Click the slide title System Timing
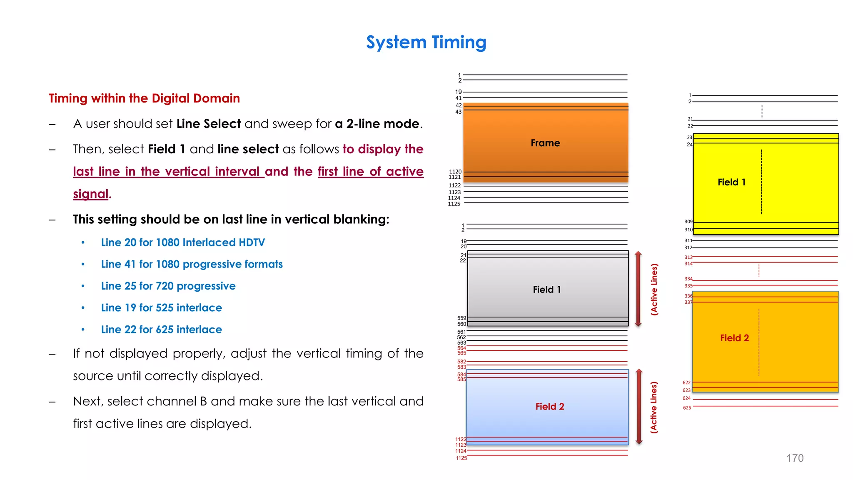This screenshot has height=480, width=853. pyautogui.click(x=426, y=42)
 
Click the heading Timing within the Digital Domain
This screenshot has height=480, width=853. pyautogui.click(x=144, y=98)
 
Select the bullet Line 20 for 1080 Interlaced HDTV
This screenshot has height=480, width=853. pyautogui.click(x=183, y=242)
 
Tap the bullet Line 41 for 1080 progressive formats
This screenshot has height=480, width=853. pyautogui.click(x=192, y=264)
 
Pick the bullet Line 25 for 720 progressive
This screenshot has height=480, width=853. pyautogui.click(x=168, y=286)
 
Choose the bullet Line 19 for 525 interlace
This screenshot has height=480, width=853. pyautogui.click(x=161, y=307)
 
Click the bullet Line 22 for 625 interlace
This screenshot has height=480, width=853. pyautogui.click(x=161, y=329)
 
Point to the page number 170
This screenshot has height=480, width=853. pyautogui.click(x=795, y=458)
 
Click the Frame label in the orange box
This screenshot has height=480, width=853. pyautogui.click(x=545, y=143)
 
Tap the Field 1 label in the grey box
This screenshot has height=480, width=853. pyautogui.click(x=546, y=290)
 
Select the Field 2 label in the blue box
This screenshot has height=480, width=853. pyautogui.click(x=549, y=407)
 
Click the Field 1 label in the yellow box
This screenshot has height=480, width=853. pyautogui.click(x=731, y=182)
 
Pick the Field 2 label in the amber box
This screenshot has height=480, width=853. pyautogui.click(x=734, y=338)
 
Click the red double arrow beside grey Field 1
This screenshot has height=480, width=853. pyautogui.click(x=638, y=289)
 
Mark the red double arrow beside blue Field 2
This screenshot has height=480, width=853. pyautogui.click(x=639, y=407)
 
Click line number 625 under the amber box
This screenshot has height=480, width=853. pyautogui.click(x=687, y=407)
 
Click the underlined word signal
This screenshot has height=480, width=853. pyautogui.click(x=90, y=194)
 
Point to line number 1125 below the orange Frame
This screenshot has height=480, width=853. pyautogui.click(x=454, y=204)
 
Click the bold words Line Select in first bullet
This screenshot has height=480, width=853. pyautogui.click(x=208, y=124)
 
